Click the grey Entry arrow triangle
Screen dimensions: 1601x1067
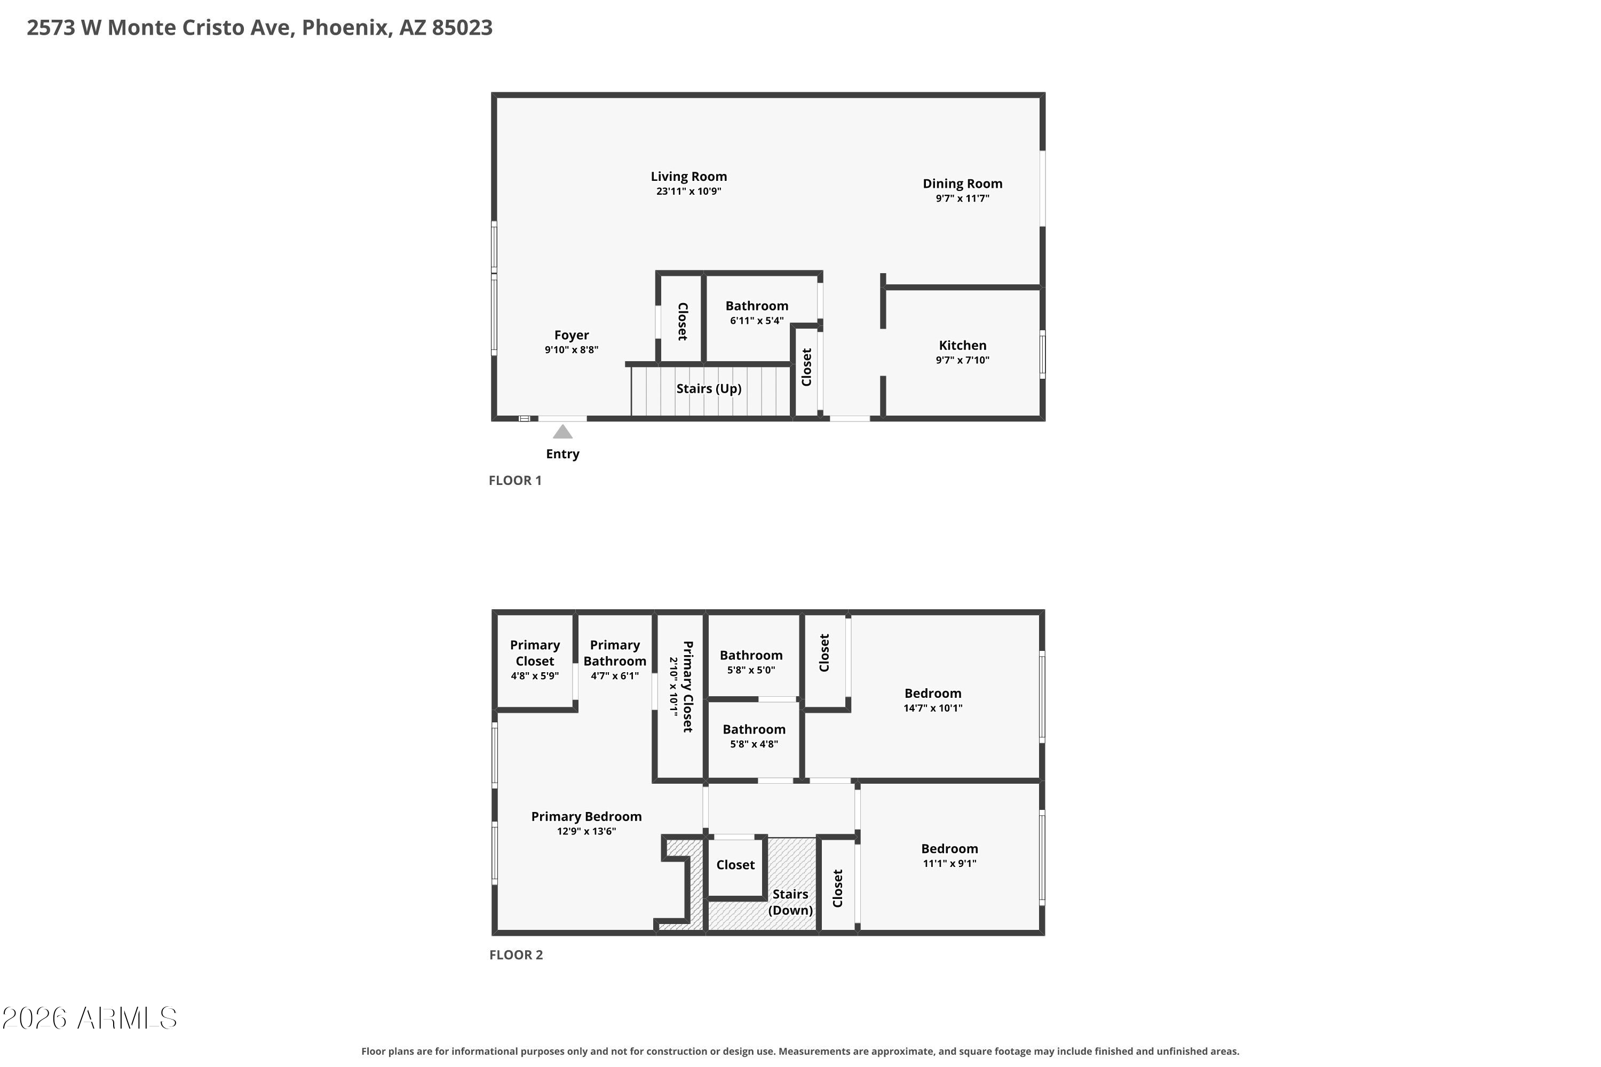[x=562, y=432]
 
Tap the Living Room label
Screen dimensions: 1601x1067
[x=688, y=176]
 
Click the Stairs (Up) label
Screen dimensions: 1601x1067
[x=709, y=388]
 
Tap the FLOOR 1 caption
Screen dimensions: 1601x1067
[x=516, y=481]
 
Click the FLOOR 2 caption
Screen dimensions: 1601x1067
[x=516, y=955]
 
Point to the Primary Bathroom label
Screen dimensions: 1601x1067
[x=615, y=652]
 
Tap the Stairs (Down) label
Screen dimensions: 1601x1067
[x=790, y=902]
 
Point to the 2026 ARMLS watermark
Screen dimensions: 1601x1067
[x=89, y=1018]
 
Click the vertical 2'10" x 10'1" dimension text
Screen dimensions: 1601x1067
[x=673, y=686]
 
